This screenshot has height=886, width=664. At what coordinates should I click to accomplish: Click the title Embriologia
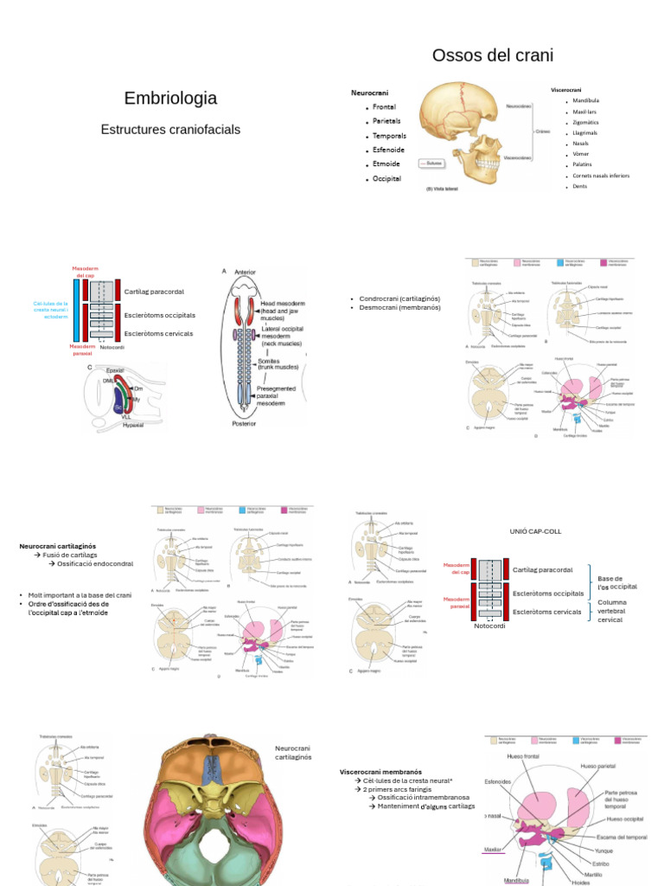(x=170, y=99)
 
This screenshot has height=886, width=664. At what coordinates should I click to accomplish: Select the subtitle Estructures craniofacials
(x=170, y=130)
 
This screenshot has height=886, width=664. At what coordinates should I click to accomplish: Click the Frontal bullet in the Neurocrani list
(x=384, y=107)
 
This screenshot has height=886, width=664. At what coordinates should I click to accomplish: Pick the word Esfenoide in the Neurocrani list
(x=389, y=150)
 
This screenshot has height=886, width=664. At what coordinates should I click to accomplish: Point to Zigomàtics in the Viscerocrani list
(x=585, y=122)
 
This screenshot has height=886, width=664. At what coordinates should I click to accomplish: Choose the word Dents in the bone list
(x=579, y=186)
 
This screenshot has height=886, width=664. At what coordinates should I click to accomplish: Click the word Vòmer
(x=581, y=154)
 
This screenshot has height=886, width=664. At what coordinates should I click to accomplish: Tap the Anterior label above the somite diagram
(x=246, y=271)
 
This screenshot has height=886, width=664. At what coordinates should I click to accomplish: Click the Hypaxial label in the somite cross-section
(x=133, y=425)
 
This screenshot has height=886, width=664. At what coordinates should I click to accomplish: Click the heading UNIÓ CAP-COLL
(x=536, y=531)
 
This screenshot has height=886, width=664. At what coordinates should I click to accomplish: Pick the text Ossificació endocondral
(x=95, y=563)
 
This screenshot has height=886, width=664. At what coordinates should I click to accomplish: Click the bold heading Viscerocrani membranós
(x=380, y=771)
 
